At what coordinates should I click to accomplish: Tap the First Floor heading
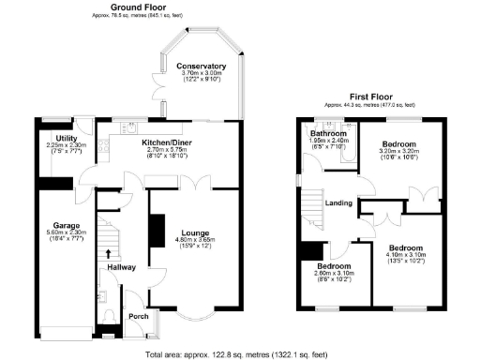coord(370,97)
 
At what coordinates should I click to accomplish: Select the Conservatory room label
coord(201,65)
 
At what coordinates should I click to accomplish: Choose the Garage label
coord(66,226)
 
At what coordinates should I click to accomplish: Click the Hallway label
coord(122,267)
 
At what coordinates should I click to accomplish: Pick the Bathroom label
coord(329,133)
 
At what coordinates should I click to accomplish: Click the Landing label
coord(337,202)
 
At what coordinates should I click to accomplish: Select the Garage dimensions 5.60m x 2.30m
coord(66,234)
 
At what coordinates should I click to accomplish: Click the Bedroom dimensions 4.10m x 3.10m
coord(406,255)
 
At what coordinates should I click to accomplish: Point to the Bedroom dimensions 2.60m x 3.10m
coord(334,272)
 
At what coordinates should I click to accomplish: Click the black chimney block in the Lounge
coord(157,231)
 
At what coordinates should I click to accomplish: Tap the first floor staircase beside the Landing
coord(310,206)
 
